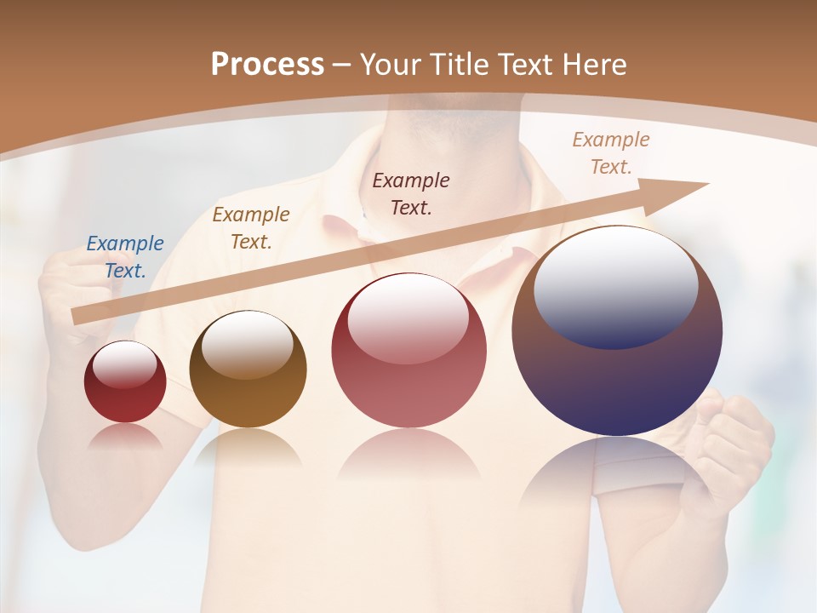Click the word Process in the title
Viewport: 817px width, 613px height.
point(267,65)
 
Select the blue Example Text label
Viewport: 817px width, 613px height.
point(125,257)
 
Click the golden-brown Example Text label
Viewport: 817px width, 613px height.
point(251,228)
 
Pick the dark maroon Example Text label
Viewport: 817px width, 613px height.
point(411,193)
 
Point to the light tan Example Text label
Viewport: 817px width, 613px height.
point(610,153)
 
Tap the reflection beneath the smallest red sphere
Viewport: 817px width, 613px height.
point(125,437)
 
